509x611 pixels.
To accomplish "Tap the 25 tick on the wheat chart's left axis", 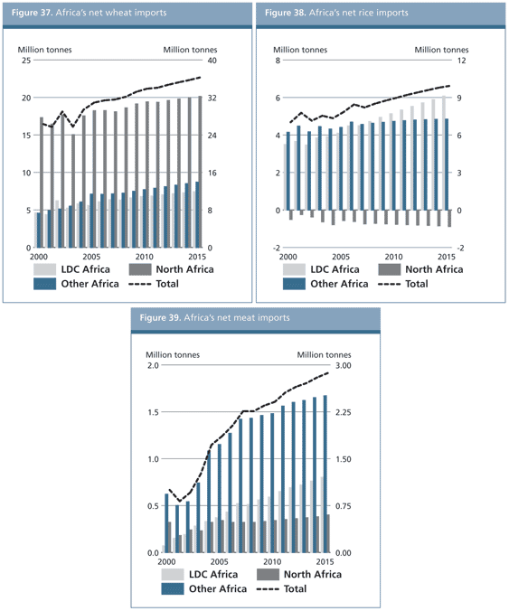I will click(26, 61).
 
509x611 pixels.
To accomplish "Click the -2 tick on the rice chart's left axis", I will click(276, 248).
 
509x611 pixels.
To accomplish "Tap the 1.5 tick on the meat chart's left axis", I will click(152, 413).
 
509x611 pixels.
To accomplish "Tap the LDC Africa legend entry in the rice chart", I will click(325, 269).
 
